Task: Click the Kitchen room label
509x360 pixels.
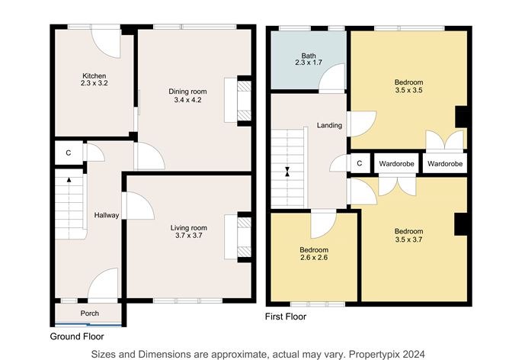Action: point(94,76)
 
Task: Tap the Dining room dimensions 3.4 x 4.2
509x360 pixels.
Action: point(187,100)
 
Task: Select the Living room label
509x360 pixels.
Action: point(187,227)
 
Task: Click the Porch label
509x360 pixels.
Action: point(89,313)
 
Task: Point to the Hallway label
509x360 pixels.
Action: point(106,215)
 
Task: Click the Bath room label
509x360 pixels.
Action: point(309,56)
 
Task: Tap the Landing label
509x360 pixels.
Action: point(329,125)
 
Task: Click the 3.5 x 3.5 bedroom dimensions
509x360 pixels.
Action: point(408,91)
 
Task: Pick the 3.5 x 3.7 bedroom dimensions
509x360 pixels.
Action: point(408,239)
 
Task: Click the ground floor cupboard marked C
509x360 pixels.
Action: point(68,153)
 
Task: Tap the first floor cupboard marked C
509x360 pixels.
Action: point(359,163)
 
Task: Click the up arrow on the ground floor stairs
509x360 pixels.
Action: point(69,181)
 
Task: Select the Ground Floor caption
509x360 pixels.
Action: point(77,336)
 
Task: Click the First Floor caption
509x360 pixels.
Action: point(286,316)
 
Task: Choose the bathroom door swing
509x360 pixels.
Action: point(333,79)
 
